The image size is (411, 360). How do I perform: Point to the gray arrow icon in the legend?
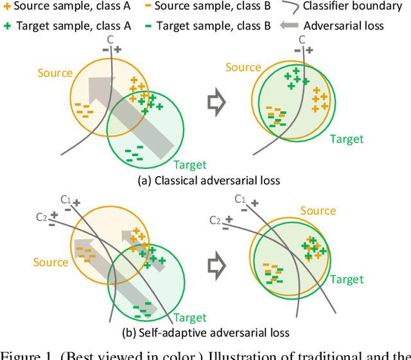coord(288,26)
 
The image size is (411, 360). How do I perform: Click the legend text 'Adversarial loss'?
coord(344,26)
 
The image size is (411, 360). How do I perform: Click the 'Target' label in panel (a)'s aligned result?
coord(347,139)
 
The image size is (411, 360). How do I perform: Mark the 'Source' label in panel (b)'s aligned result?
coord(318,210)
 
